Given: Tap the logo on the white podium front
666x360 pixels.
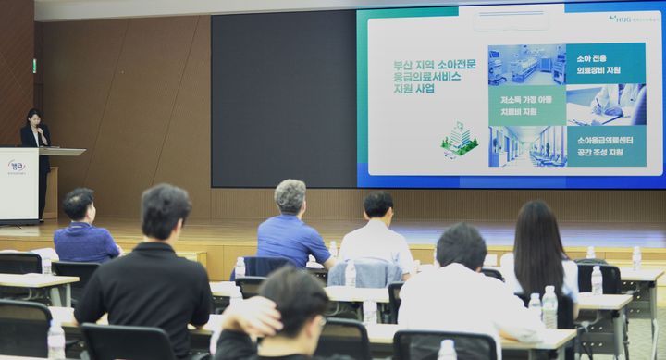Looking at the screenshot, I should click(x=16, y=167).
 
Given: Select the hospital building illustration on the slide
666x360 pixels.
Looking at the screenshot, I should click(x=460, y=138).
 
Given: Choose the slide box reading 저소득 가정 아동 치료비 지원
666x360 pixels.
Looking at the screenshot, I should click(x=526, y=105).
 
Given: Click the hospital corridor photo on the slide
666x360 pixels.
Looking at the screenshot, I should click(x=526, y=145).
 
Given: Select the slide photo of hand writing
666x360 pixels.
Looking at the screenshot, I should click(x=606, y=105).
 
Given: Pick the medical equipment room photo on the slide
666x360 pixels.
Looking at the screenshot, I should click(x=526, y=64).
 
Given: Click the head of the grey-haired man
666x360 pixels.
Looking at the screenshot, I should click(x=290, y=195).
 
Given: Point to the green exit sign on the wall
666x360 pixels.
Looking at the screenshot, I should click(x=34, y=67).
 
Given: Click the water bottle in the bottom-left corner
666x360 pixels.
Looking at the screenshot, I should click(x=55, y=340).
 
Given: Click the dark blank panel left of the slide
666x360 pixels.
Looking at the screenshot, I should click(x=282, y=97).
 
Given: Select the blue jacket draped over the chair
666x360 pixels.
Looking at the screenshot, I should click(x=365, y=273).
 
